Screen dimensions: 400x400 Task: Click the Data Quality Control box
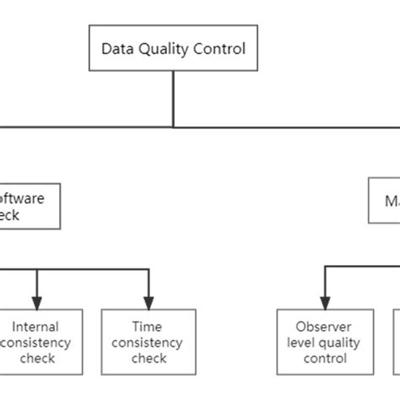pyautogui.click(x=173, y=48)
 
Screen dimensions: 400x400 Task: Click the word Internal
pyautogui.click(x=35, y=326)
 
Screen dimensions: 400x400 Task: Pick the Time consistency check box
pyautogui.click(x=148, y=341)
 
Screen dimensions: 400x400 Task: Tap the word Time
pyautogui.click(x=148, y=326)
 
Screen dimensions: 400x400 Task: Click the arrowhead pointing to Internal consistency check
pyautogui.click(x=35, y=301)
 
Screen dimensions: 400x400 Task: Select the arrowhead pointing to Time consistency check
pyautogui.click(x=149, y=301)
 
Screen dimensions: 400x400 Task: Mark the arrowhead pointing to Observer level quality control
pyautogui.click(x=323, y=301)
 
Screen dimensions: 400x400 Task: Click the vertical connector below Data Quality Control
pyautogui.click(x=174, y=98)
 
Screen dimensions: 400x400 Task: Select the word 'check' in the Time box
pyautogui.click(x=148, y=358)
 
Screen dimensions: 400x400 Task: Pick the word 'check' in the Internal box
pyautogui.click(x=35, y=358)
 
